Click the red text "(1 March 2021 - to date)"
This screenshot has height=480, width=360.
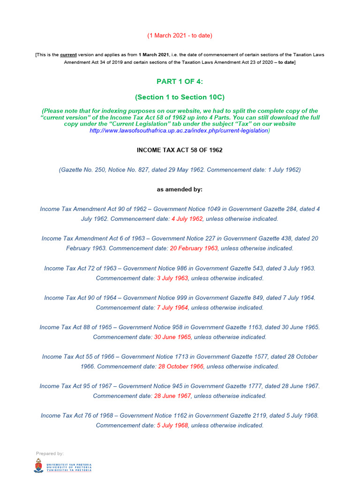pyautogui.click(x=180, y=36)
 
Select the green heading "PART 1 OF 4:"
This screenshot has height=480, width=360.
pyautogui.click(x=180, y=82)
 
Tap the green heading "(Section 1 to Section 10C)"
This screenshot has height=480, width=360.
pyautogui.click(x=180, y=97)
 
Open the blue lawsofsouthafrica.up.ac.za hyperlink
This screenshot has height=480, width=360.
pyautogui.click(x=179, y=131)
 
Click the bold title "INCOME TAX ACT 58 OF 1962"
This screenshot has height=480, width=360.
pyautogui.click(x=180, y=150)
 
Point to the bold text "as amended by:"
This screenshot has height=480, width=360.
pyautogui.click(x=180, y=189)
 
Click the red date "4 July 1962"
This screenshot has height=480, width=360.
pyautogui.click(x=187, y=219)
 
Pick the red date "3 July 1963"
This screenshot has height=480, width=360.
pyautogui.click(x=172, y=278)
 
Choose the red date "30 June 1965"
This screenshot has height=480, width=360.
pyautogui.click(x=172, y=337)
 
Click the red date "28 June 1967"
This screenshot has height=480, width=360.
pyautogui.click(x=172, y=396)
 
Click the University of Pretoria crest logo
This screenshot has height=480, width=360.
pyautogui.click(x=38, y=466)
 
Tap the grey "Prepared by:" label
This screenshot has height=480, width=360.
pyautogui.click(x=50, y=454)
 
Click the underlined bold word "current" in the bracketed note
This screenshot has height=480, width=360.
pyautogui.click(x=68, y=55)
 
